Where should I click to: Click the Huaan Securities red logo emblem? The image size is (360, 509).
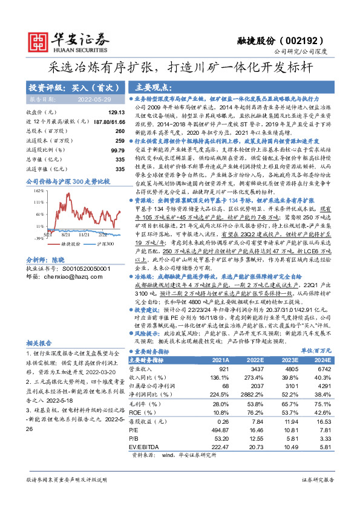[x=38, y=42]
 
